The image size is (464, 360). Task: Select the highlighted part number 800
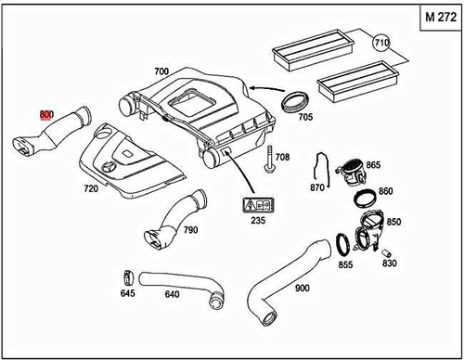pos(46,114)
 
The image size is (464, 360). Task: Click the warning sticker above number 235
pos(255,206)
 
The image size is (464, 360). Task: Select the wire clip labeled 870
pos(319,166)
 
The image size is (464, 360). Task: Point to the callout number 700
pos(161,71)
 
